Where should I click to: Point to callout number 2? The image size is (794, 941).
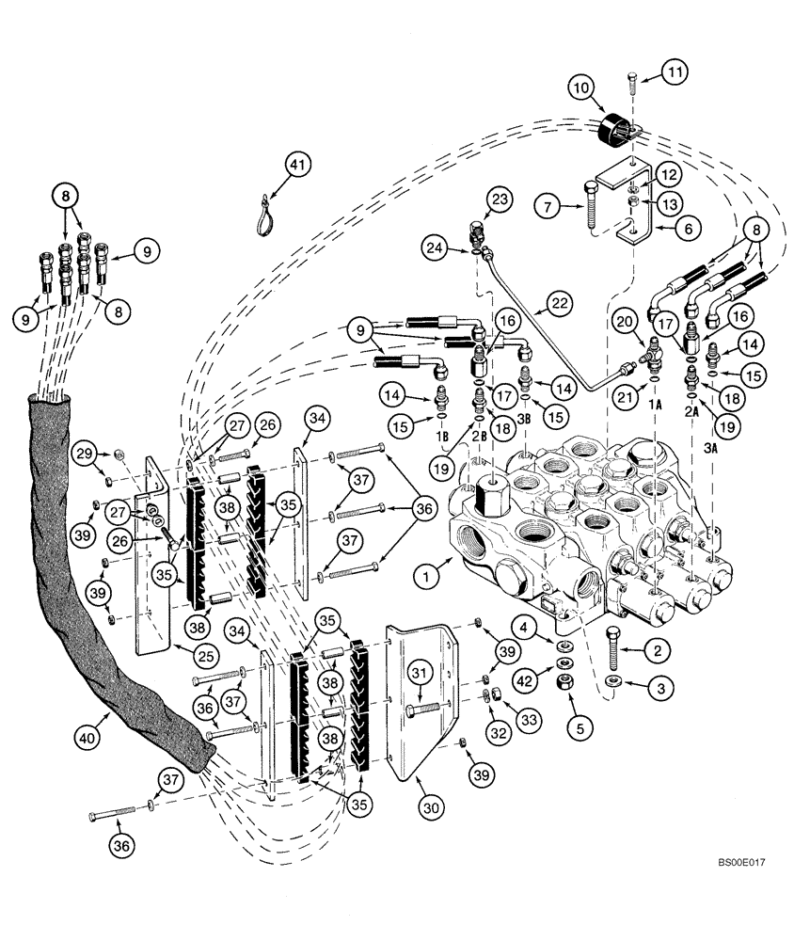658,649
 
